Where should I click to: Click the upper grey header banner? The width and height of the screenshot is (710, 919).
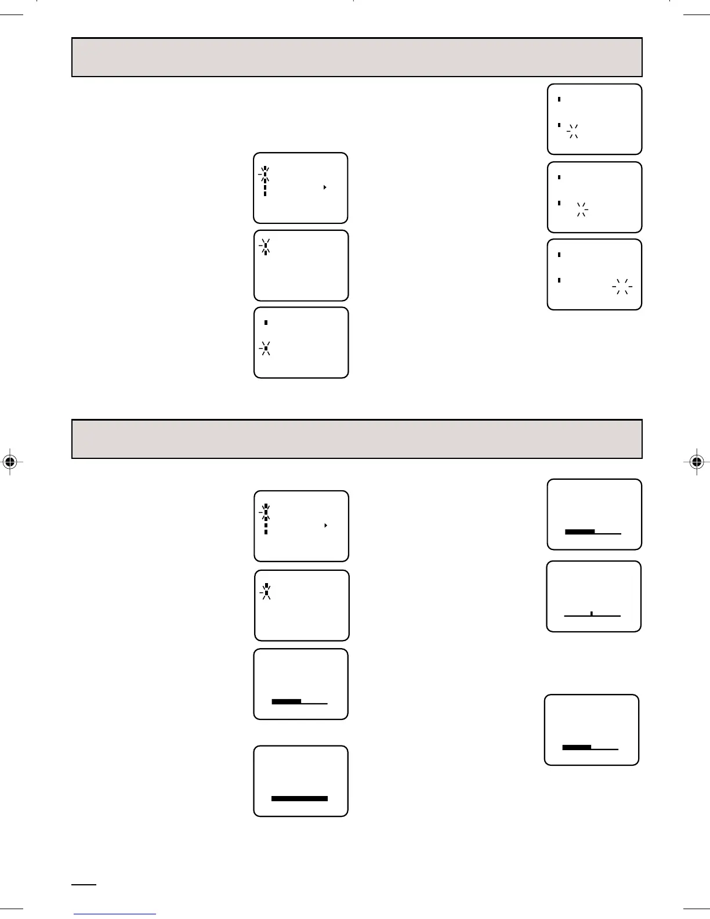[x=357, y=57]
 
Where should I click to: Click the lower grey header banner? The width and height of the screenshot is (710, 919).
[x=357, y=439]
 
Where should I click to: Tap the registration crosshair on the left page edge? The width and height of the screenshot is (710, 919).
[x=9, y=462]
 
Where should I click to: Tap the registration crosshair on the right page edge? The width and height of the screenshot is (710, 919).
[x=697, y=462]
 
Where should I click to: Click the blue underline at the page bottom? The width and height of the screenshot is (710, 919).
[x=115, y=914]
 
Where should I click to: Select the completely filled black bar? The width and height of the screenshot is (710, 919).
[x=299, y=798]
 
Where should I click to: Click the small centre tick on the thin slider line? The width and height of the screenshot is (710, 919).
[x=591, y=613]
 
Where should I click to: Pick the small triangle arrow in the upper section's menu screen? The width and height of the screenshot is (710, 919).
[x=325, y=187]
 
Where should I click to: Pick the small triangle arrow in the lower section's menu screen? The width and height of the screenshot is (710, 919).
[x=325, y=525]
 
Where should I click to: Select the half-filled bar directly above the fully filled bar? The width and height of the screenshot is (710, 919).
[x=287, y=701]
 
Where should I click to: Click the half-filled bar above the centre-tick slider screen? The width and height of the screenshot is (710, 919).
[x=579, y=531]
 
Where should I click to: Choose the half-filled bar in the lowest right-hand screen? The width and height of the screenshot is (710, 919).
[x=577, y=747]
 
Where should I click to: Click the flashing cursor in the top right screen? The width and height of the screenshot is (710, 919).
[x=573, y=131]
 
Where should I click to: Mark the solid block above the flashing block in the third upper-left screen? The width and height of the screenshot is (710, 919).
[x=266, y=323]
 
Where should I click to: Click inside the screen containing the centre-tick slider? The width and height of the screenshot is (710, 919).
[x=593, y=596]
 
